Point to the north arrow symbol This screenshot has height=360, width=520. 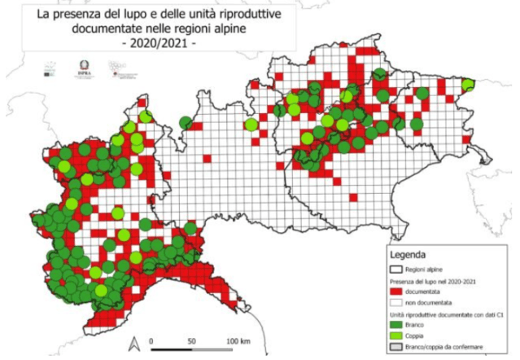(x=132, y=340)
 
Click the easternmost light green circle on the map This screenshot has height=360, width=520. (x=467, y=84)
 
